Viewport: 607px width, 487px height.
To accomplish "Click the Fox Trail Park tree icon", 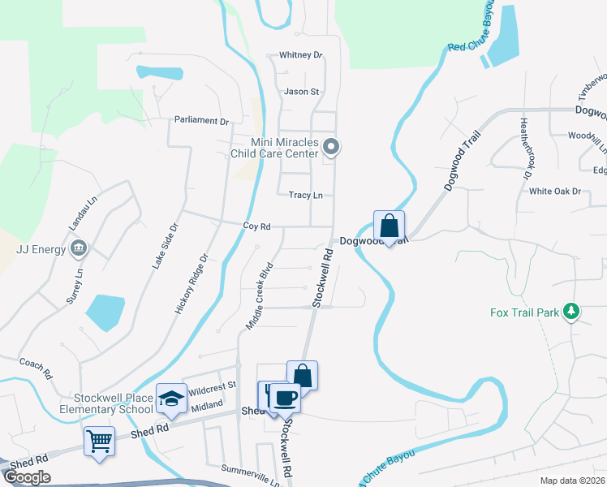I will tap(572, 312).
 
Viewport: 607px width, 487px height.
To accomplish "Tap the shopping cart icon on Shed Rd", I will tap(99, 442).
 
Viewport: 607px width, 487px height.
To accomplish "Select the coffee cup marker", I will tap(285, 398).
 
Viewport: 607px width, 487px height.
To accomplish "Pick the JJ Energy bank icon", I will tap(79, 248).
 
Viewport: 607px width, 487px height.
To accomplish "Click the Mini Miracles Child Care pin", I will tap(330, 147).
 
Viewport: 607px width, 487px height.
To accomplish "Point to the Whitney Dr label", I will tap(301, 55).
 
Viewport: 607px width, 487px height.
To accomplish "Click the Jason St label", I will tap(302, 92).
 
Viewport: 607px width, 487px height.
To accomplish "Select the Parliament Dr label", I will tap(202, 121).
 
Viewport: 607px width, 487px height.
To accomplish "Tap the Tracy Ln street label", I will tap(306, 196).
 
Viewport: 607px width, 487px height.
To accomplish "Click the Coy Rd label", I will tap(256, 226).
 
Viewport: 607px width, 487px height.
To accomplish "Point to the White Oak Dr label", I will tap(555, 192).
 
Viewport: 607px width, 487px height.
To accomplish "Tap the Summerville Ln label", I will tap(250, 469).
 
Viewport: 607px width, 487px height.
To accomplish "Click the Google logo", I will tap(28, 477).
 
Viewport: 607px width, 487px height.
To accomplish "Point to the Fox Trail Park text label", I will tap(525, 312).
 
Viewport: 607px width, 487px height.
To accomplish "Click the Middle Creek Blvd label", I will tap(259, 295).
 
